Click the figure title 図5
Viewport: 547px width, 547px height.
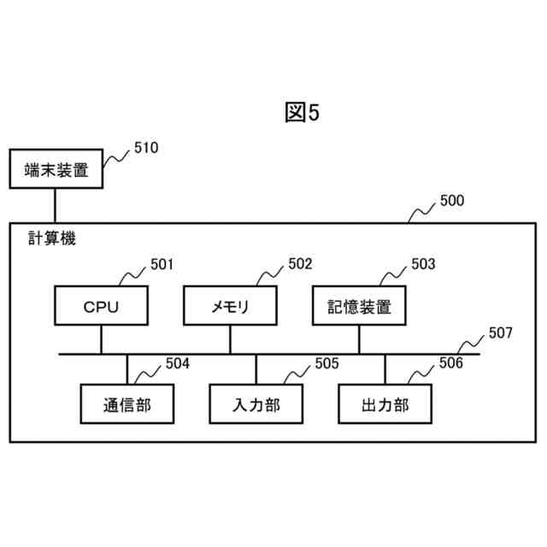301,113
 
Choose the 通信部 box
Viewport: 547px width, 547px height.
126,404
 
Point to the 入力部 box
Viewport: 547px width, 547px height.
256,404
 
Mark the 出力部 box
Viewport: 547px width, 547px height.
385,404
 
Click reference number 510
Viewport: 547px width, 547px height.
145,149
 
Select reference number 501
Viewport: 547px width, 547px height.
162,265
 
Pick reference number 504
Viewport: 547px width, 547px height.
178,364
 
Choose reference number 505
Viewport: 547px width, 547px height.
326,364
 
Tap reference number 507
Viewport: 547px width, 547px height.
500,332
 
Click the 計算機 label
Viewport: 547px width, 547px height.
51,239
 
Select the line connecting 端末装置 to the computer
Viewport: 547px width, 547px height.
56,206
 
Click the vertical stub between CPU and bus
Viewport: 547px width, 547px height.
101,340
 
